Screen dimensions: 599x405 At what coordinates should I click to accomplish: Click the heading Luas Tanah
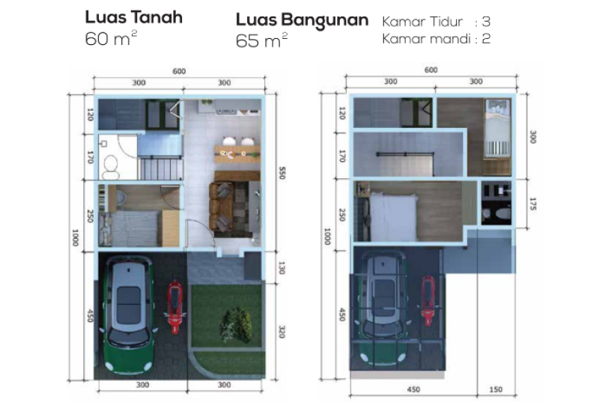(134, 17)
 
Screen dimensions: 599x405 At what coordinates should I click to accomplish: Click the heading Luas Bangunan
(302, 20)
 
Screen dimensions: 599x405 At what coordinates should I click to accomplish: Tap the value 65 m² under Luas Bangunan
(261, 40)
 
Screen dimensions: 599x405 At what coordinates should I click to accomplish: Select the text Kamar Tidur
(422, 22)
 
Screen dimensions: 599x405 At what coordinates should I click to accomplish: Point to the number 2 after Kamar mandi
(486, 39)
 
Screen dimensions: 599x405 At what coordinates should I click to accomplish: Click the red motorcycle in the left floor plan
(175, 307)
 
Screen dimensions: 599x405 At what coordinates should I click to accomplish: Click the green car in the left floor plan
(128, 314)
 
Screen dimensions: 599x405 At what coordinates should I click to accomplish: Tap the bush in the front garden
(237, 324)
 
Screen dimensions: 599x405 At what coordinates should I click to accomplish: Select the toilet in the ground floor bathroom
(111, 168)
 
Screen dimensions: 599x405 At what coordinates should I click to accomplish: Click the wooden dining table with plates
(237, 154)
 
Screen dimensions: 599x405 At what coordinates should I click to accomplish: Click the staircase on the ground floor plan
(160, 168)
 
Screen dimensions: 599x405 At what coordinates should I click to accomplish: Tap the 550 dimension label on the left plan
(282, 173)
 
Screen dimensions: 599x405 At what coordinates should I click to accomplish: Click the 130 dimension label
(282, 268)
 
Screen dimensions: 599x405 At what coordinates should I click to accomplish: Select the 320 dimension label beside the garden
(282, 332)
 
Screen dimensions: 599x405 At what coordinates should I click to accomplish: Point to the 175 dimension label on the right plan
(533, 204)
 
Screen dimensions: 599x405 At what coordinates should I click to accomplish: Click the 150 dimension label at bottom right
(496, 390)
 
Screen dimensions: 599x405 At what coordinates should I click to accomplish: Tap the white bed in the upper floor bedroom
(394, 216)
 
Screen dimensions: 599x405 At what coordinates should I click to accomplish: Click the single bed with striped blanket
(497, 128)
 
